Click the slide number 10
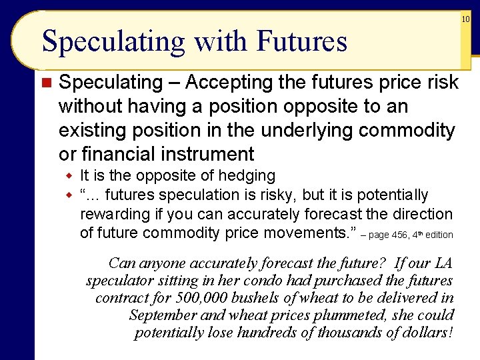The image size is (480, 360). [x=466, y=20]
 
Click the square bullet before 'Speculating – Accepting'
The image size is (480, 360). [x=46, y=83]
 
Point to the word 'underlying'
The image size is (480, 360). [x=308, y=131]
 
